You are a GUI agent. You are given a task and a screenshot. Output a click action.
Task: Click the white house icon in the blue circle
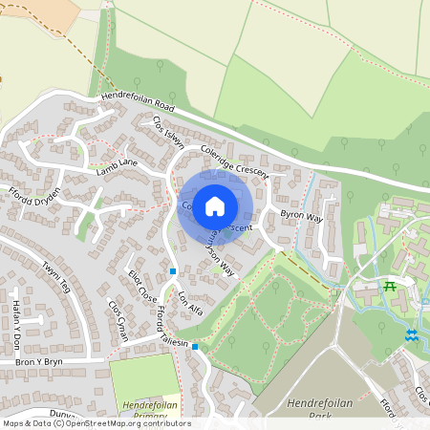215,205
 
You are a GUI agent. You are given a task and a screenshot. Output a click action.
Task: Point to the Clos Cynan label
118,315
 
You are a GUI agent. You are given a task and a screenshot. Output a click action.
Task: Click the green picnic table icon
389,286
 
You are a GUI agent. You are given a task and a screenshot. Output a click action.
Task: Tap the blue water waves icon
411,335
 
